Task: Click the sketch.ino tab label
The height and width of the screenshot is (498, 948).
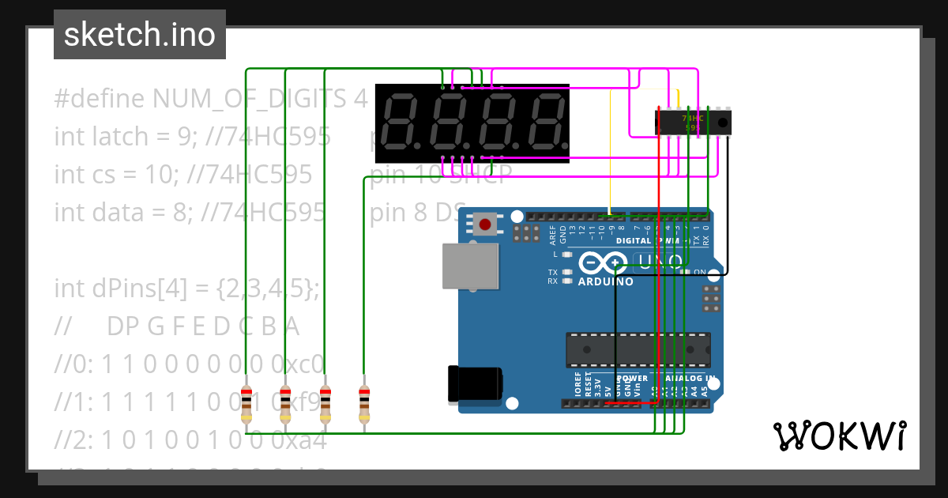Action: click(139, 35)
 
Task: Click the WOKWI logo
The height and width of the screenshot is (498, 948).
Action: click(839, 436)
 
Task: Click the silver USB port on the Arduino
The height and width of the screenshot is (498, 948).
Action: click(470, 266)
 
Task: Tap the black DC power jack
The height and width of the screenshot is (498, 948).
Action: click(475, 384)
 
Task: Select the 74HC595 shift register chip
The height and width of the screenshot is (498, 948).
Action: click(693, 122)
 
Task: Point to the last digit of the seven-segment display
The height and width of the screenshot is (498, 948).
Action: click(547, 122)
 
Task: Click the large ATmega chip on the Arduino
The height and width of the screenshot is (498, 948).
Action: click(638, 350)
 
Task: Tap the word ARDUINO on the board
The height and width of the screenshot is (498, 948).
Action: click(606, 281)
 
